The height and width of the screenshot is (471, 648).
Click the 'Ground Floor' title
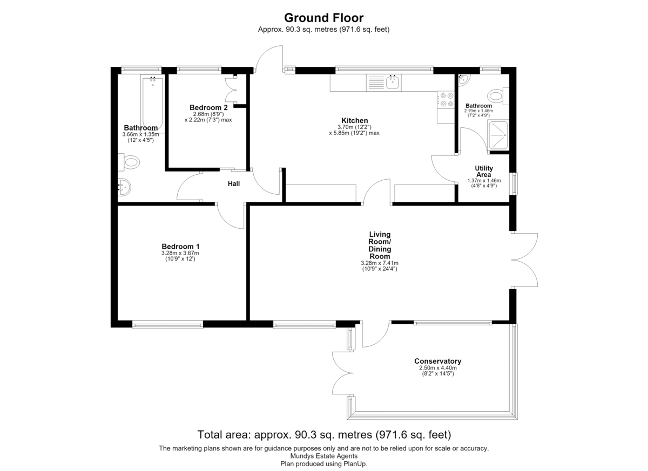(323, 18)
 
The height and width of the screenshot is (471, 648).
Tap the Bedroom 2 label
(208, 107)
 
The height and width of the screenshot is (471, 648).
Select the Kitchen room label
(354, 120)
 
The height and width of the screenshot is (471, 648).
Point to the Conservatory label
(437, 361)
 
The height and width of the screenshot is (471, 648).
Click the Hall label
(234, 184)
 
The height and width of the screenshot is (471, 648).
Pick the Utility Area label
(484, 172)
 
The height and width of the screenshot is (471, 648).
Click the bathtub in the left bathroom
(153, 104)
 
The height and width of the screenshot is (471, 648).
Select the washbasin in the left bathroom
(124, 187)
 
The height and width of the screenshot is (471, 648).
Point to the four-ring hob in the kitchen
(446, 100)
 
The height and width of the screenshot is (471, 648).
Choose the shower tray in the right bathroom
(498, 135)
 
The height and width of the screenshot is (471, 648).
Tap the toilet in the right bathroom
(498, 95)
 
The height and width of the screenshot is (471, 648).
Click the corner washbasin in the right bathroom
(463, 79)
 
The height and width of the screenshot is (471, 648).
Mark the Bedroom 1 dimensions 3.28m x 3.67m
(180, 253)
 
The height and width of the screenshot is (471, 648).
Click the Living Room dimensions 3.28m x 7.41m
(380, 263)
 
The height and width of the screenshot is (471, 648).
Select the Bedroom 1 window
(168, 325)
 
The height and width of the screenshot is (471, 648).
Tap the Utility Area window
(514, 183)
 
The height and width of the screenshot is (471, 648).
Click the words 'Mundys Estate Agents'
(323, 456)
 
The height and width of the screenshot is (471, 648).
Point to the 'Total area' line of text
(324, 435)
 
